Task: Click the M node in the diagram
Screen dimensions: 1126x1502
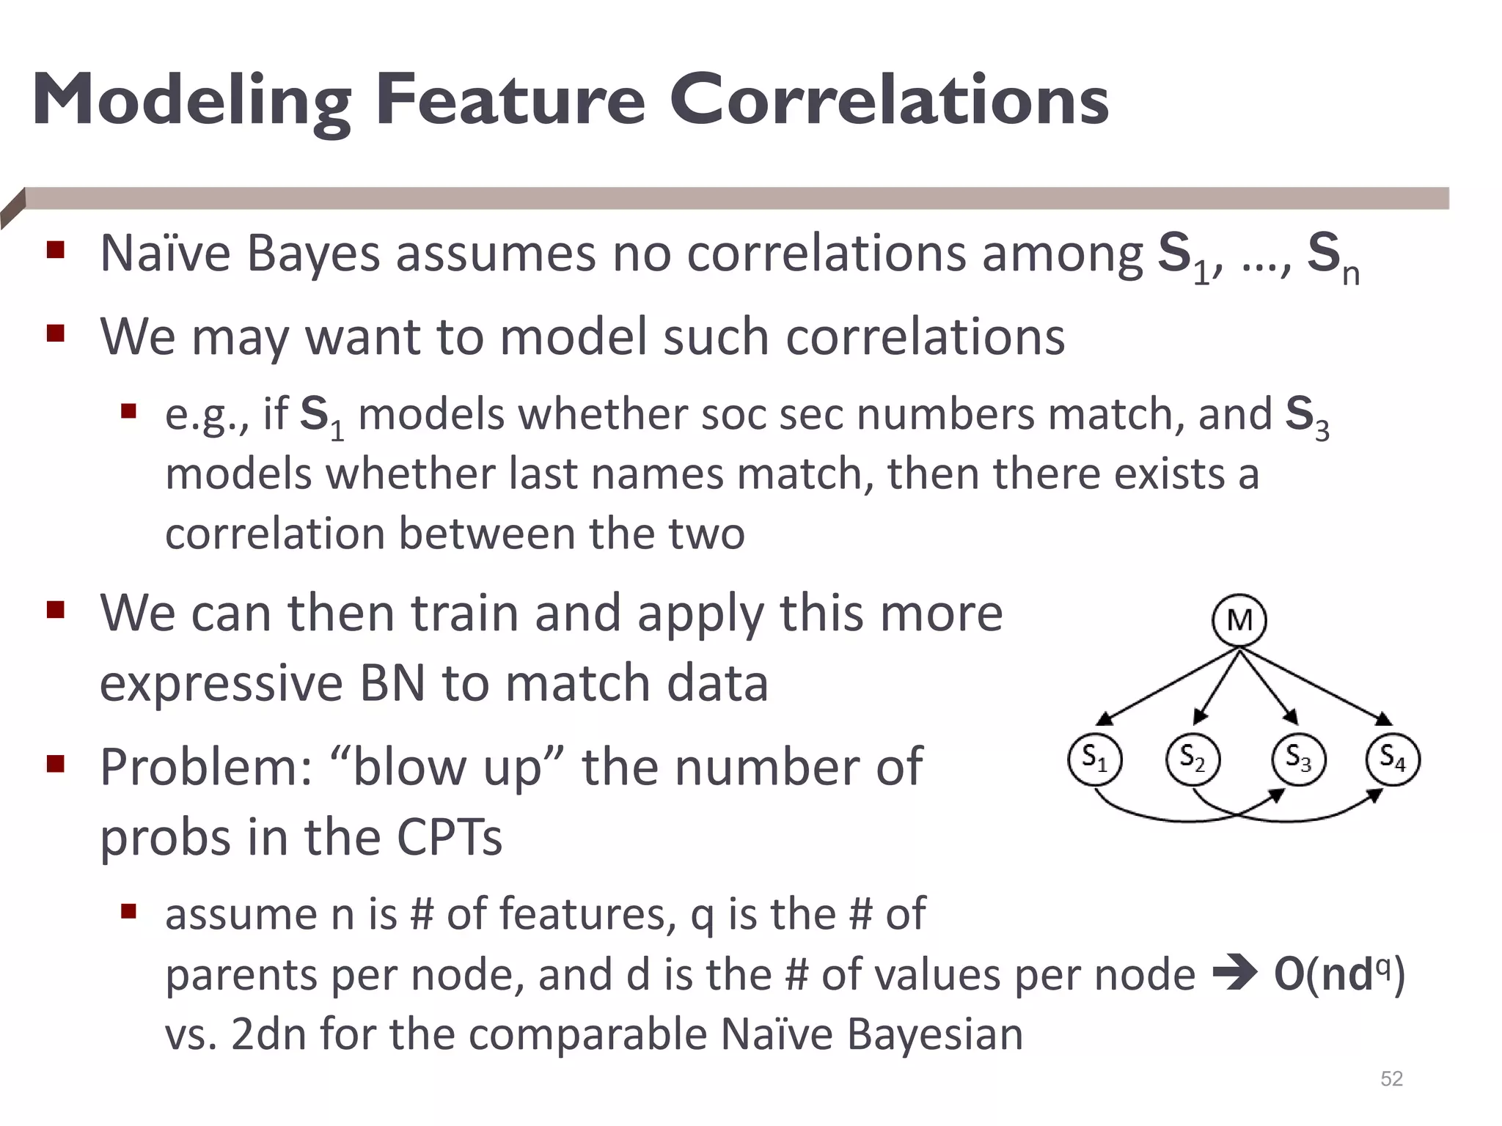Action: [x=1239, y=620]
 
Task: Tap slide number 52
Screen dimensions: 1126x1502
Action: [x=1391, y=1078]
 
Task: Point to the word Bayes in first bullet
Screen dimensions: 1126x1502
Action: [x=313, y=254]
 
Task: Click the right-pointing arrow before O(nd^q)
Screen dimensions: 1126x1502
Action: [x=1234, y=976]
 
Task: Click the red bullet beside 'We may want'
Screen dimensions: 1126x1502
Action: [x=56, y=335]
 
